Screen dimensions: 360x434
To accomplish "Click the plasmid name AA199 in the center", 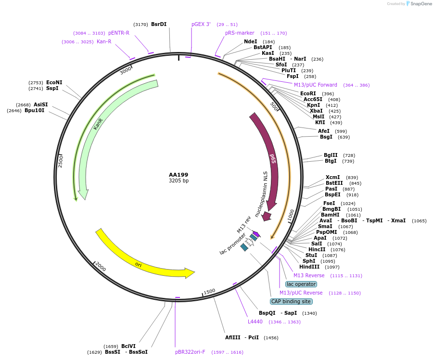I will pos(179,175).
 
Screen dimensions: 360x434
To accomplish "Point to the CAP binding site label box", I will pos(291,302).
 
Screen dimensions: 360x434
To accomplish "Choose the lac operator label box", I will pos(301,284).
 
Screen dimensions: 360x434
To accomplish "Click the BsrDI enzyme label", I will pos(159,24).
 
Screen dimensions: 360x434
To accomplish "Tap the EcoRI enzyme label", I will pos(308,94).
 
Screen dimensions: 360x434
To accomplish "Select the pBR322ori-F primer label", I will pos(190,352).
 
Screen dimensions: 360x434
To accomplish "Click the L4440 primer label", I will pos(255,321).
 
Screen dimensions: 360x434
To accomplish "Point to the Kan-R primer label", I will pos(104,42).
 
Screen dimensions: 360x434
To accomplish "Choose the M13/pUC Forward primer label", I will pos(316,85).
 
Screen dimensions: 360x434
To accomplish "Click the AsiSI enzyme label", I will pos(41,104).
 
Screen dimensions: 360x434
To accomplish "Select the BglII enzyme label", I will pos(331,155).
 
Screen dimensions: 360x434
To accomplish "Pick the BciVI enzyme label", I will pos(128,346).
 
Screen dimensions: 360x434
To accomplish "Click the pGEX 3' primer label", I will pos(201,24).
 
